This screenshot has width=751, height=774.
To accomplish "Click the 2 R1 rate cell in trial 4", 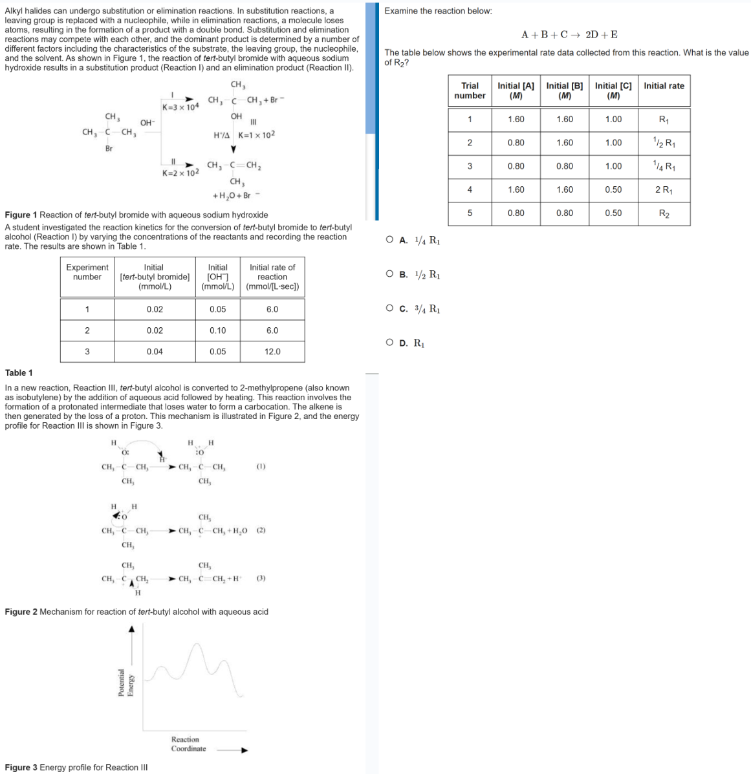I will [x=664, y=189].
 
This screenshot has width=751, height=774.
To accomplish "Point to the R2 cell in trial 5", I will [x=664, y=213].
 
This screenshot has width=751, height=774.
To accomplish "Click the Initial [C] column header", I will [x=613, y=91].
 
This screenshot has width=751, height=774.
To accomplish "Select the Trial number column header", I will [x=470, y=91].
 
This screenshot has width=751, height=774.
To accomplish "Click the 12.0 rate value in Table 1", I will [x=272, y=352].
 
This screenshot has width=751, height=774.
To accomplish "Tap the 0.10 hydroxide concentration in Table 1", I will [x=218, y=330].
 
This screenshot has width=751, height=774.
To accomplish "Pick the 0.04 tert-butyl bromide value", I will [x=155, y=352].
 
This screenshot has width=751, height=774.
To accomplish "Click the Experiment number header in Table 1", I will [x=87, y=272].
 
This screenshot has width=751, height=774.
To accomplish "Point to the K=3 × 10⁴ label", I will [x=180, y=107].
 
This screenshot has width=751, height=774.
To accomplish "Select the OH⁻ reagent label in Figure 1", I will [x=147, y=123].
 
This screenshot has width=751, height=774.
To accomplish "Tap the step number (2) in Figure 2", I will [x=261, y=531].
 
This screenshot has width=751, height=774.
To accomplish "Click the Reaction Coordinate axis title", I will [x=188, y=744].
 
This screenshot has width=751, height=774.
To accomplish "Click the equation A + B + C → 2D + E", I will [x=569, y=34].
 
